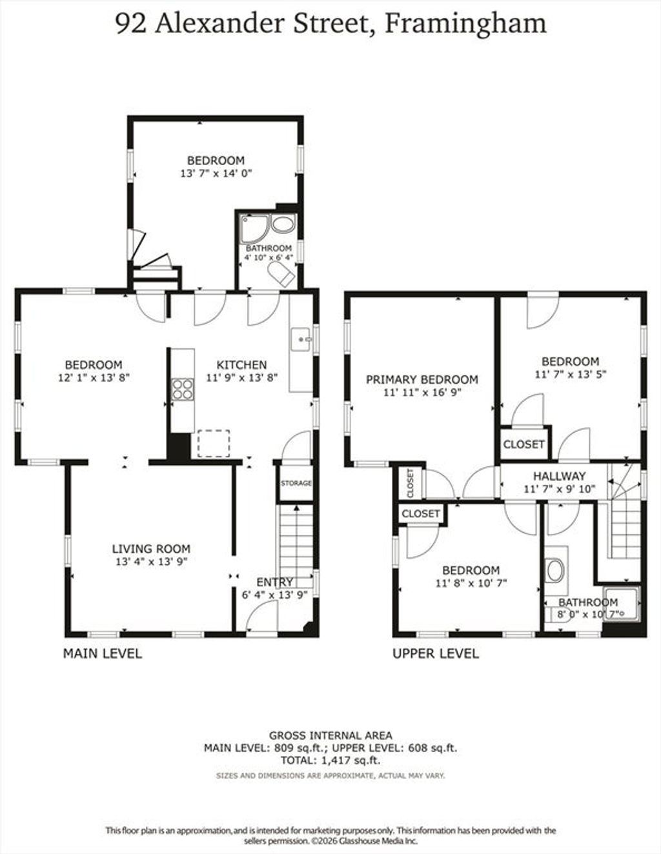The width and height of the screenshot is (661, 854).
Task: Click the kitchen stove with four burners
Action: pyautogui.click(x=183, y=389)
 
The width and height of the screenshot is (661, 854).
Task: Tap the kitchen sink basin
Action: pyautogui.click(x=301, y=339)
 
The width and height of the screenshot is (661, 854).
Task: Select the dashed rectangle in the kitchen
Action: pyautogui.click(x=214, y=443)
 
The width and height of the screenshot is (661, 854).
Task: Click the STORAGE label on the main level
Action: pyautogui.click(x=296, y=483)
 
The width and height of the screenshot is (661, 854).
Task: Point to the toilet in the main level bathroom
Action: pyautogui.click(x=281, y=273)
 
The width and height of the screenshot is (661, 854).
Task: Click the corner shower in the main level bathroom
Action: pyautogui.click(x=254, y=228)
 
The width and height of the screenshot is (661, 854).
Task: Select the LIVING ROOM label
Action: pyautogui.click(x=151, y=549)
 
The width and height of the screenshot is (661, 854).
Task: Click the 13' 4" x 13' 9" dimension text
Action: pyautogui.click(x=151, y=562)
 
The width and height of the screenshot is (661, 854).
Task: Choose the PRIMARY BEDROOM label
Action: pyautogui.click(x=422, y=380)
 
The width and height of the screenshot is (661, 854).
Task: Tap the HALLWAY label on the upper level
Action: pyautogui.click(x=559, y=476)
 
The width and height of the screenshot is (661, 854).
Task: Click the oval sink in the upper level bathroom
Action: pyautogui.click(x=555, y=571)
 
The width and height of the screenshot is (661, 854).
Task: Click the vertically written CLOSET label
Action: pyautogui.click(x=411, y=483)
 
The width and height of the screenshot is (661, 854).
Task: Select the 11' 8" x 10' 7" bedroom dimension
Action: pyautogui.click(x=471, y=583)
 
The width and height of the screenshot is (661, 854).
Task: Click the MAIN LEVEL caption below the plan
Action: pyautogui.click(x=102, y=653)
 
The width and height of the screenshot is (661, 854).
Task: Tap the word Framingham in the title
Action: pyautogui.click(x=465, y=24)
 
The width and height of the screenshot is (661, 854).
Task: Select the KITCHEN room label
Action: pyautogui.click(x=242, y=364)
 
